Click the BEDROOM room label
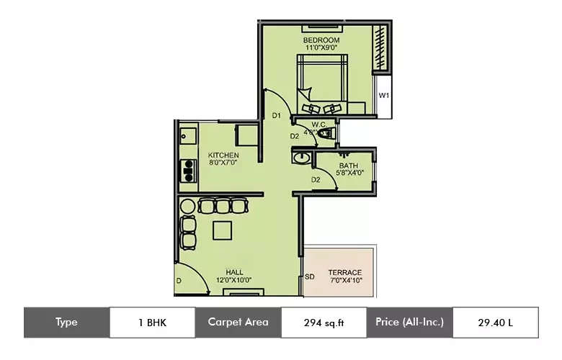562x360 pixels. pyautogui.click(x=321, y=39)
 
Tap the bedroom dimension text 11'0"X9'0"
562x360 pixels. pyautogui.click(x=321, y=48)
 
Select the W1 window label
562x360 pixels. pyautogui.click(x=384, y=95)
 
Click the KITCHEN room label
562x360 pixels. pyautogui.click(x=223, y=155)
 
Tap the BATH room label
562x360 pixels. pyautogui.click(x=348, y=166)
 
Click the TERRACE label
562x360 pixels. pyautogui.click(x=344, y=272)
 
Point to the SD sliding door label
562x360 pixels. pyautogui.click(x=310, y=276)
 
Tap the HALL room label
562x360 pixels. pyautogui.click(x=233, y=272)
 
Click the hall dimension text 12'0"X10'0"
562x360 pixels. pyautogui.click(x=233, y=281)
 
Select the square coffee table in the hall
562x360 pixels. pyautogui.click(x=223, y=230)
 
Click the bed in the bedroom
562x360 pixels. pyautogui.click(x=321, y=85)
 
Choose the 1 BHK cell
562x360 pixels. pyautogui.click(x=152, y=323)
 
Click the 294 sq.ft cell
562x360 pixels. pyautogui.click(x=323, y=323)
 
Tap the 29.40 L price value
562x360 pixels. pyautogui.click(x=495, y=323)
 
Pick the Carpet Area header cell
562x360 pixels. pyautogui.click(x=238, y=323)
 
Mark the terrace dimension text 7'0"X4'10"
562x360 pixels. pyautogui.click(x=344, y=281)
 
